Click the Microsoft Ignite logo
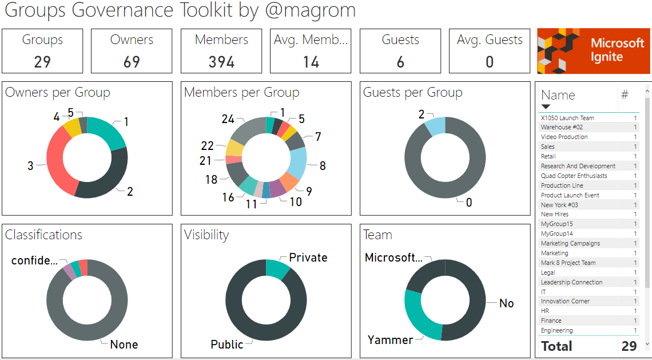tap(593, 51)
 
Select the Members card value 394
tap(221, 62)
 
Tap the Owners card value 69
tap(132, 62)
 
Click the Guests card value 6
tap(400, 62)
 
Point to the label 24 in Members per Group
tap(228, 119)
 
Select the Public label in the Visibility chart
tap(226, 345)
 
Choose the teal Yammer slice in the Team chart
tap(419, 315)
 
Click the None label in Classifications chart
tap(124, 345)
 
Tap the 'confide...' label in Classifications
tap(34, 261)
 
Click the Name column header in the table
tap(558, 96)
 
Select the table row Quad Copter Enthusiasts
tap(574, 176)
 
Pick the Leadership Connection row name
tap(571, 282)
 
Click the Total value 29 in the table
tap(629, 346)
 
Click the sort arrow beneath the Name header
tap(546, 107)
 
